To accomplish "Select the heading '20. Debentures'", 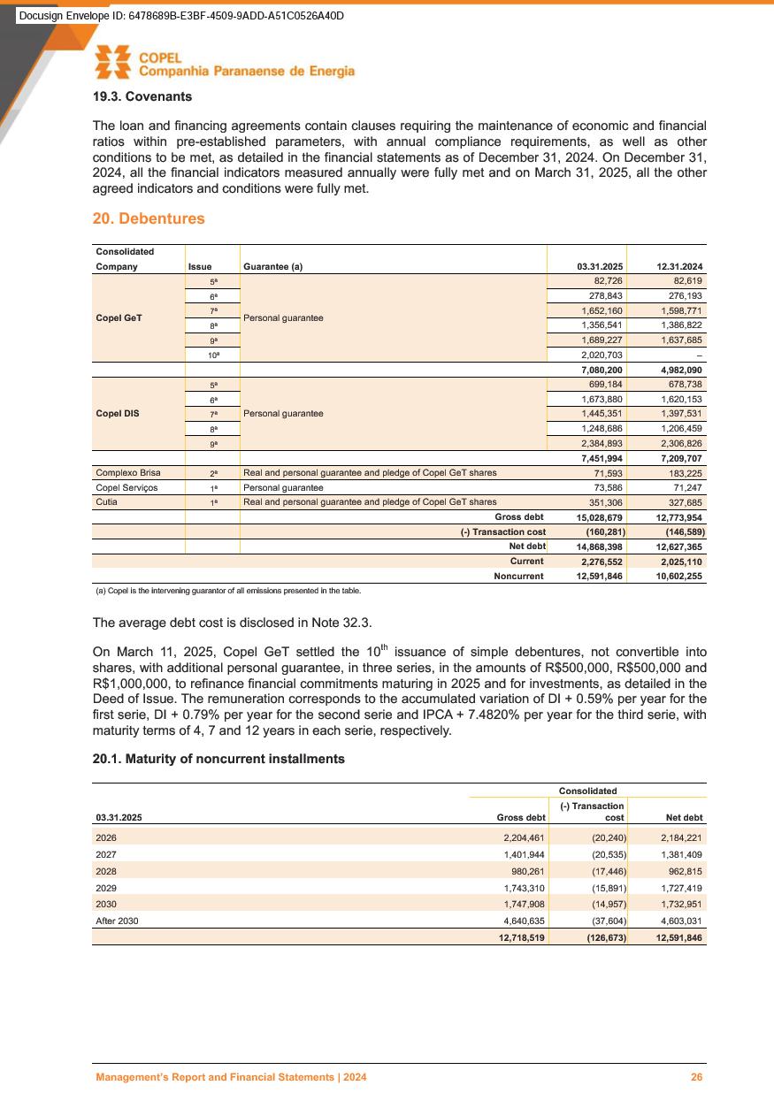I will pos(149,218).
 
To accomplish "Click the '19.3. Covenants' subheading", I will pos(142,96).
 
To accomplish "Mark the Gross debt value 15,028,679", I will pos(599,516).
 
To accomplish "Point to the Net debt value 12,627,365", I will pos(678,546).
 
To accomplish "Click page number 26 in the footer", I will pos(697,1077).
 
